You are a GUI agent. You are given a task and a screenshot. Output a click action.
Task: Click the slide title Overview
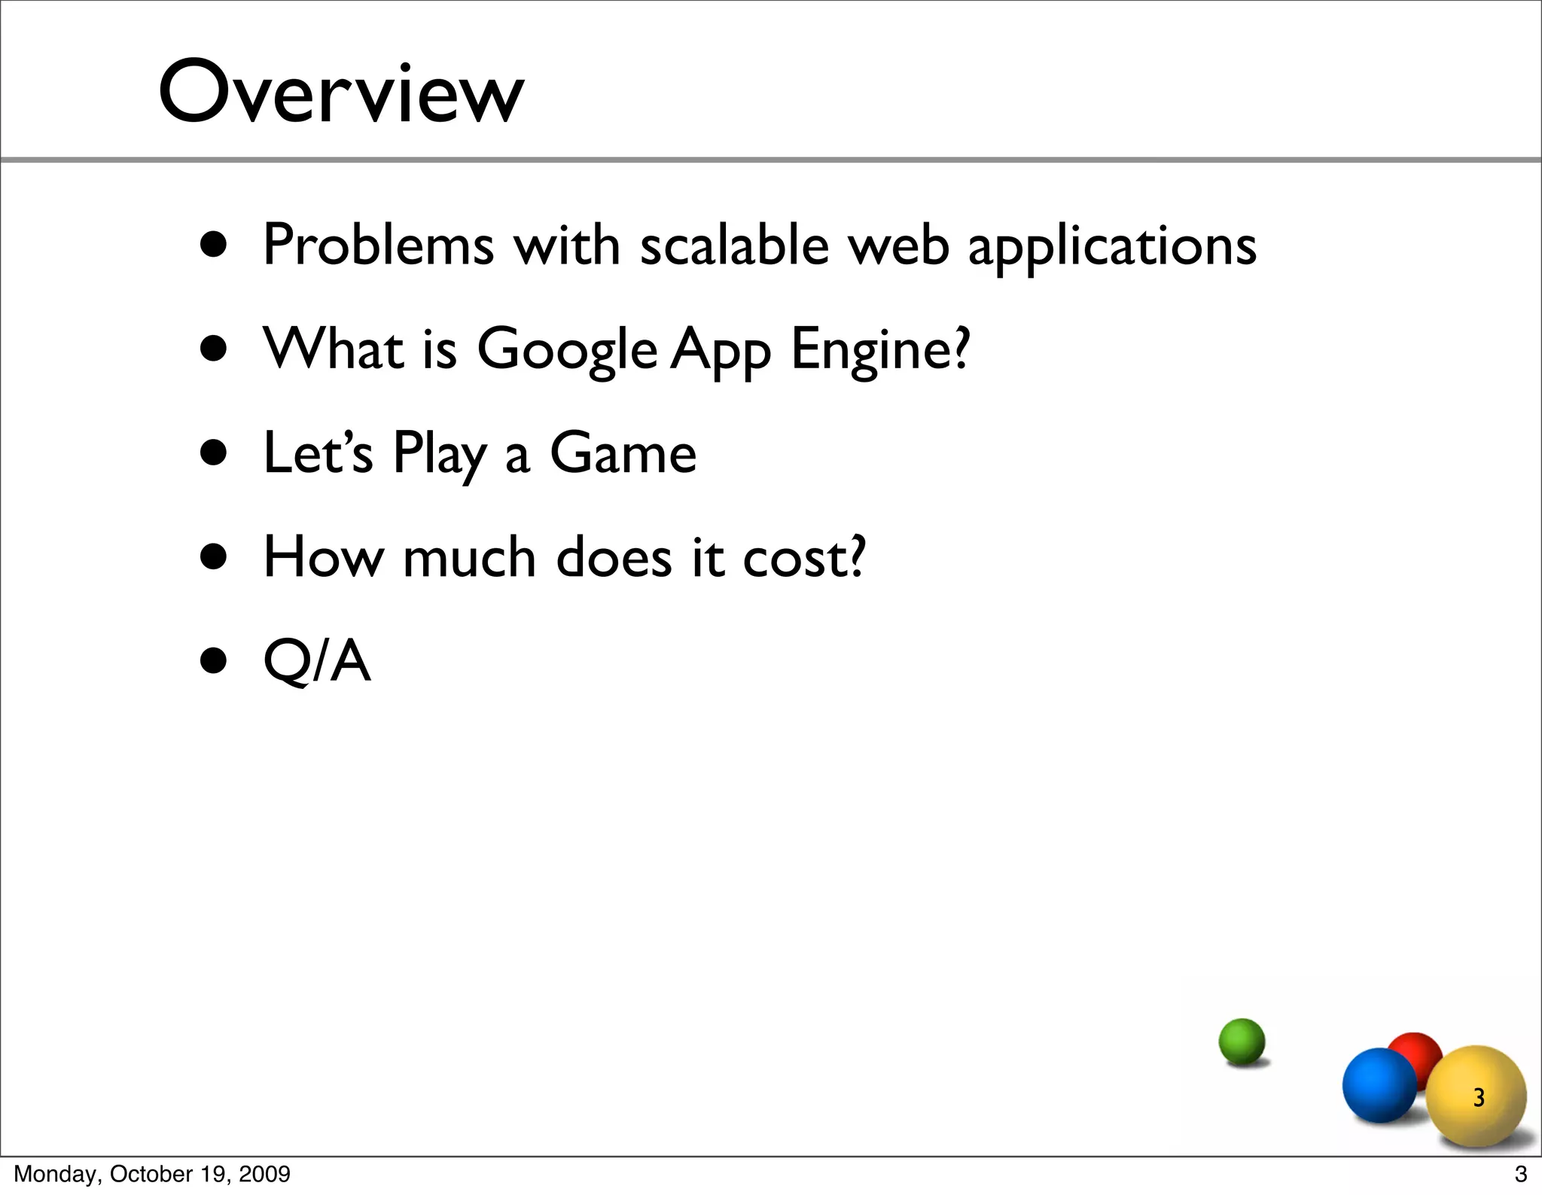click(x=340, y=93)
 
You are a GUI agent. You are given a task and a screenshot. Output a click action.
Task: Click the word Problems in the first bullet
click(x=378, y=245)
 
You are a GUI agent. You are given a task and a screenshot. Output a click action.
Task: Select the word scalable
click(x=734, y=245)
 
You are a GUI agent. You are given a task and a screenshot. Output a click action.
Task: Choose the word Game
click(x=623, y=453)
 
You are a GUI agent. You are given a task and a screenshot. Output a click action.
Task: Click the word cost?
click(x=804, y=557)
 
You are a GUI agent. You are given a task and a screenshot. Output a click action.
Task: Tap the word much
click(x=469, y=557)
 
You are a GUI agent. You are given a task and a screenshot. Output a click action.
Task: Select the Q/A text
click(x=317, y=661)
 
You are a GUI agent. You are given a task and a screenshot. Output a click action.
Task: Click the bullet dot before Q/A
click(x=214, y=661)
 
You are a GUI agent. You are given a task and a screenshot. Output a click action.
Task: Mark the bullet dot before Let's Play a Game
click(x=214, y=453)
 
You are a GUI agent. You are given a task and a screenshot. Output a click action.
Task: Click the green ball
click(x=1242, y=1041)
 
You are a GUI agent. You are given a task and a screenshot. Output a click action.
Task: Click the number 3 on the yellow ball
click(x=1479, y=1098)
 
